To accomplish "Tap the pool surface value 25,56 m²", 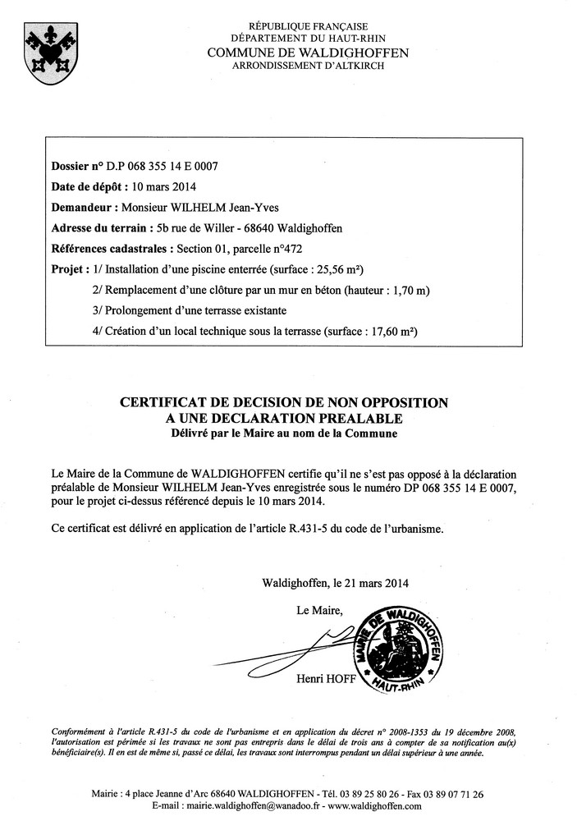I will point(336,269).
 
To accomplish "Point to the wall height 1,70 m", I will point(408,290).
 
